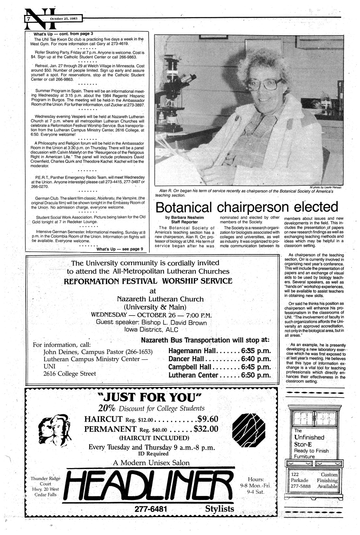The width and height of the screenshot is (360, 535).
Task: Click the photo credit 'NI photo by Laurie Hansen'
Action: (323, 187)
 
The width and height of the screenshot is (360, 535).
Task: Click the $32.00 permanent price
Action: (206, 429)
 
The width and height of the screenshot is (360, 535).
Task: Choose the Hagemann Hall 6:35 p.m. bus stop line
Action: (219, 351)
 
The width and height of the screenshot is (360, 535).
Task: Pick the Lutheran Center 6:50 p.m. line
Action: (219, 375)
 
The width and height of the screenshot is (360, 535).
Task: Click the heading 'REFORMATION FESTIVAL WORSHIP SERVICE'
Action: (148, 281)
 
